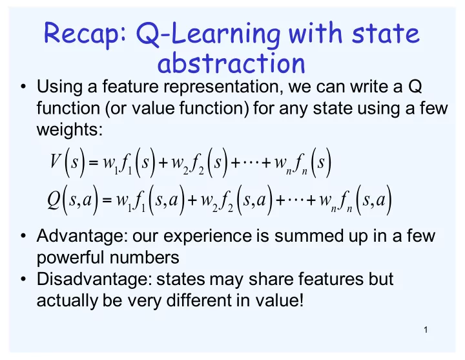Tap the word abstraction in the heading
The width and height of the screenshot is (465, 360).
[x=231, y=63]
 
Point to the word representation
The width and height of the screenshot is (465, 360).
[x=222, y=87]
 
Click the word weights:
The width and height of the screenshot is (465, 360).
[x=70, y=129]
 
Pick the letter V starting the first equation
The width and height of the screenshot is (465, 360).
[x=56, y=162]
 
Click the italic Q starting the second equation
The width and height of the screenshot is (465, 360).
[x=54, y=200]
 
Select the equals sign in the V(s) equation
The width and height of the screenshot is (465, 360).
[x=93, y=163]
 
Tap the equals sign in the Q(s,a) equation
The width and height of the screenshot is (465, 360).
[x=107, y=200]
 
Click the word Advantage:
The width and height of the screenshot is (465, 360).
[x=82, y=237]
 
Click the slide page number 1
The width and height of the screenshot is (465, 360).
[x=426, y=330]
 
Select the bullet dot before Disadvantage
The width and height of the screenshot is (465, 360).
[x=23, y=279]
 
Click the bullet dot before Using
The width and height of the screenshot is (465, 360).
[x=23, y=87]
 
